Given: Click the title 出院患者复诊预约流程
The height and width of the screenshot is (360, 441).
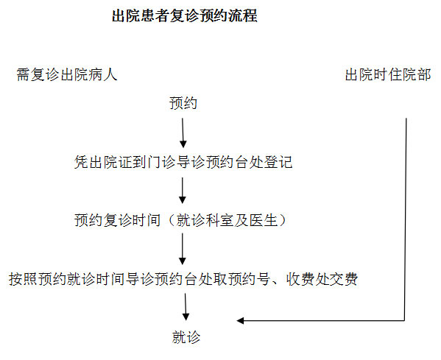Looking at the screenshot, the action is pyautogui.click(x=185, y=15).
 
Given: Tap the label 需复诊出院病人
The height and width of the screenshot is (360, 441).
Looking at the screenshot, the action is pyautogui.click(x=67, y=75).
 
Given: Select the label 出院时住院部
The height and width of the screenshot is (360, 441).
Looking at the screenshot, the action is pyautogui.click(x=388, y=75).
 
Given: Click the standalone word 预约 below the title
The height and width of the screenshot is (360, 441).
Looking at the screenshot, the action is pyautogui.click(x=183, y=103).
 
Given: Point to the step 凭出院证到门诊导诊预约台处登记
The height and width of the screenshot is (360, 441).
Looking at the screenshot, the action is pyautogui.click(x=183, y=162).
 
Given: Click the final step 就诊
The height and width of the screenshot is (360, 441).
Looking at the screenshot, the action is pyautogui.click(x=186, y=337).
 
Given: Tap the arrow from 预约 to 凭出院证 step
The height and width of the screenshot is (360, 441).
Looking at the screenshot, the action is pyautogui.click(x=183, y=133).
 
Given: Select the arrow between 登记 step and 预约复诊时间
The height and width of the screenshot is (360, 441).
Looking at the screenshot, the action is pyautogui.click(x=183, y=191).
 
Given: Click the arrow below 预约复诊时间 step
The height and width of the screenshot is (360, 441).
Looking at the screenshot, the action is pyautogui.click(x=183, y=249).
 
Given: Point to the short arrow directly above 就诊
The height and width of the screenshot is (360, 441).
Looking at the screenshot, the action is pyautogui.click(x=186, y=307).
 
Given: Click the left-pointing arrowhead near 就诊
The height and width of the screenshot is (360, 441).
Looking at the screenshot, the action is pyautogui.click(x=240, y=320).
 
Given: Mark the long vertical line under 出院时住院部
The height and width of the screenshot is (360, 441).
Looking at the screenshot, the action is pyautogui.click(x=406, y=219).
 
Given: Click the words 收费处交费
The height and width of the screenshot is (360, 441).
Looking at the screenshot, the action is pyautogui.click(x=322, y=279).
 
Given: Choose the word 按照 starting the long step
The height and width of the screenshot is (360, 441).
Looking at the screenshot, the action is pyautogui.click(x=23, y=279).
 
